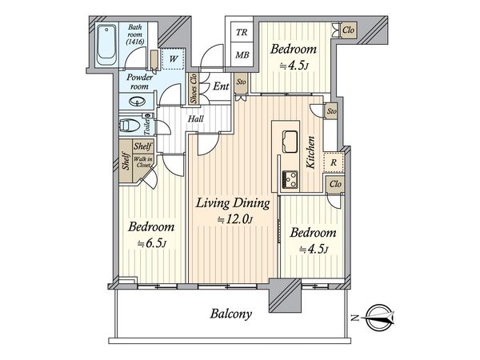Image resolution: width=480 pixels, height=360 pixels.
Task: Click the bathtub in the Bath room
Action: (106, 45)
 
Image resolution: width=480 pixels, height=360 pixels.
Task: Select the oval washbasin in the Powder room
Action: (137, 102)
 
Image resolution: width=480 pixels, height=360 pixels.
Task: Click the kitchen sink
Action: (290, 142)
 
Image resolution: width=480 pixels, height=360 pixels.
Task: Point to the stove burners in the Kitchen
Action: (290, 179)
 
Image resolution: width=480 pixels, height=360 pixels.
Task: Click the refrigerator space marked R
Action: (334, 162)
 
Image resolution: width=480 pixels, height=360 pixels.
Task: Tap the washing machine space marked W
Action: (173, 58)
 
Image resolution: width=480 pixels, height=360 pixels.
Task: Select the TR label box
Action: (242, 32)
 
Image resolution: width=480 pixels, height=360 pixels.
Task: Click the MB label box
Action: (242, 55)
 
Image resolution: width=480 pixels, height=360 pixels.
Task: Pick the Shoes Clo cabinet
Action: (194, 88)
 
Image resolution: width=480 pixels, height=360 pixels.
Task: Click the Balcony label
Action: (231, 314)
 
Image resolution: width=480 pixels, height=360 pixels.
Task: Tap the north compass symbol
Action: (378, 318)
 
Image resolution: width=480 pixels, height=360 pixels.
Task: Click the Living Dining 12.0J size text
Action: (235, 220)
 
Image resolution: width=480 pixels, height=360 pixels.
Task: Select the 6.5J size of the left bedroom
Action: (152, 243)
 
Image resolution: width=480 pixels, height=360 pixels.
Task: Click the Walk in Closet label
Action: (143, 162)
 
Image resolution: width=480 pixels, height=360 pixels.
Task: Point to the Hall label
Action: (196, 118)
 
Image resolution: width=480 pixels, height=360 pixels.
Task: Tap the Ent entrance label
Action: (221, 86)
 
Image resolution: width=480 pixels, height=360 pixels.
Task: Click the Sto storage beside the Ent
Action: (242, 82)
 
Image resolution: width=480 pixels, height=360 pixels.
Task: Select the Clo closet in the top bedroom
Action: (348, 30)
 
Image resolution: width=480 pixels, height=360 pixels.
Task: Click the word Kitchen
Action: (310, 152)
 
